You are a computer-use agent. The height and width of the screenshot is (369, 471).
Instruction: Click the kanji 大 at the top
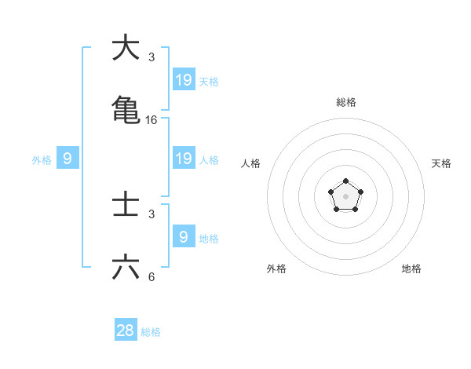coord(126,48)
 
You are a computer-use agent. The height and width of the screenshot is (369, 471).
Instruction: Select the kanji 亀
coord(126,109)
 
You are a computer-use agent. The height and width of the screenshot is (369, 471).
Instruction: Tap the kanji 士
coord(126,206)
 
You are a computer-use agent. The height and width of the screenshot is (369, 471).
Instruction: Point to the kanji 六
coord(126,268)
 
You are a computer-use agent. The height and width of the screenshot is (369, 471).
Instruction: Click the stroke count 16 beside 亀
coord(152,120)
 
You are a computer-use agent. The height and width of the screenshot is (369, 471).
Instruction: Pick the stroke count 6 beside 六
coord(152,277)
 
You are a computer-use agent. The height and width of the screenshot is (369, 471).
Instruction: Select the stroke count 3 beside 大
coord(152,57)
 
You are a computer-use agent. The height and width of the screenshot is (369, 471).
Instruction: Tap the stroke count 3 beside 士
coord(152,214)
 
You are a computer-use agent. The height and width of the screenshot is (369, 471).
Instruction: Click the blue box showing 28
coord(126,331)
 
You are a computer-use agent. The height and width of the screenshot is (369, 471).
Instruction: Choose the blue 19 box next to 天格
coord(184,80)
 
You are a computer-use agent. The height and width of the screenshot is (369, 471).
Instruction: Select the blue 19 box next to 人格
coord(184,159)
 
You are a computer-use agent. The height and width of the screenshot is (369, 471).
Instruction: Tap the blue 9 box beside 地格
coord(184,236)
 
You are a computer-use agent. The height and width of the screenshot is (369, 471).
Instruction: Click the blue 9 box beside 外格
coord(68,159)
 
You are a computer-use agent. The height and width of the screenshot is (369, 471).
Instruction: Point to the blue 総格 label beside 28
coord(151,332)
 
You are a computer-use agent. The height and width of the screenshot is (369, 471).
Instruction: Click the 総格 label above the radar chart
coord(345,102)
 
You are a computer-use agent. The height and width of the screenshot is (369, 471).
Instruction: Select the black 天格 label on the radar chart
coord(441,163)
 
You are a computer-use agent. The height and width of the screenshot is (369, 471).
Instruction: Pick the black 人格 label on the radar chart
coord(250,163)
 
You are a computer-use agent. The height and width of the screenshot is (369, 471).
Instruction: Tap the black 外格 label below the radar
coord(276,269)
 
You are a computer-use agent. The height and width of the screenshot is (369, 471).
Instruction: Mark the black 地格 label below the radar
coord(411,269)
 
